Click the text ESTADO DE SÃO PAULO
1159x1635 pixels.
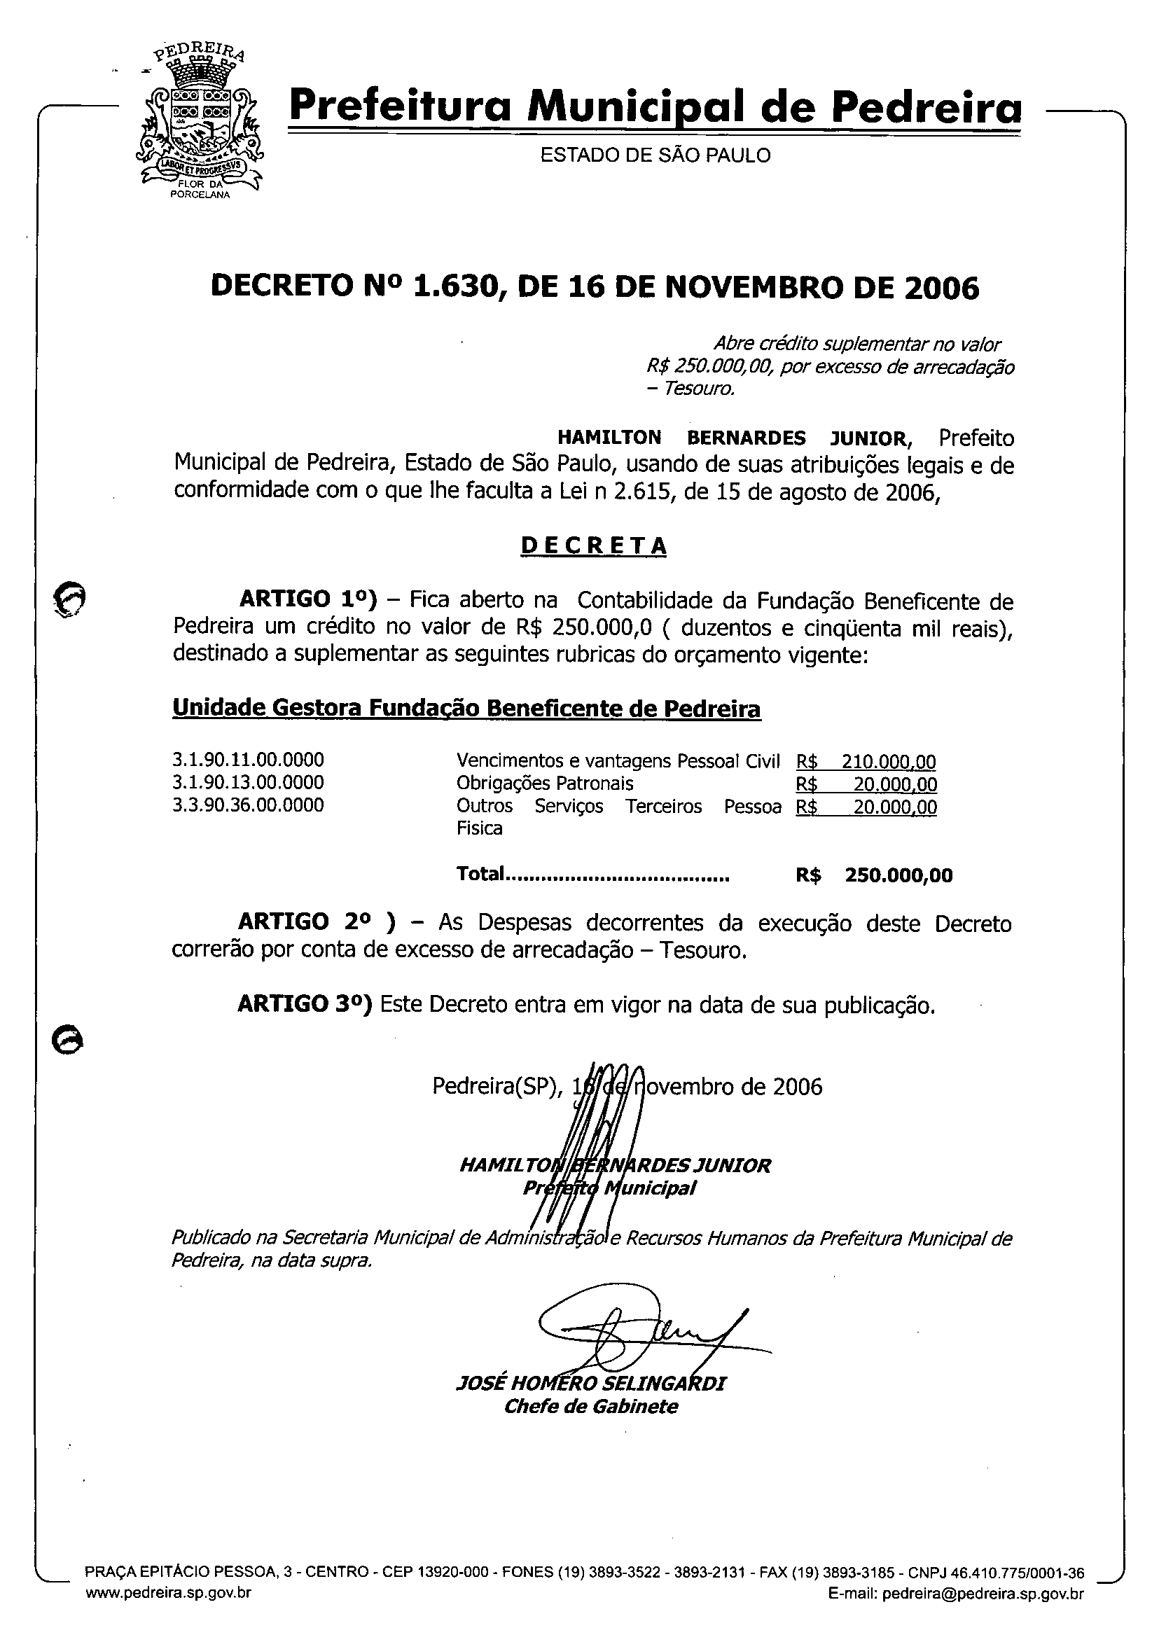pos(655,155)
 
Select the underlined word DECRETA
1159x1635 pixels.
pos(594,545)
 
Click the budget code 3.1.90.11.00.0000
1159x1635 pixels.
pos(248,759)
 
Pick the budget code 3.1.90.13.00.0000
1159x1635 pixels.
pos(248,782)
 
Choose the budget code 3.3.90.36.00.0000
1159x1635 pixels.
pos(248,805)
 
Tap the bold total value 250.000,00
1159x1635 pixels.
pos(898,875)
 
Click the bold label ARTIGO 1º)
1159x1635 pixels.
pos(307,599)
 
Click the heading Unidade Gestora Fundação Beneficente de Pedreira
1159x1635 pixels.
pos(466,709)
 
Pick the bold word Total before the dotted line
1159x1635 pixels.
pos(480,875)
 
